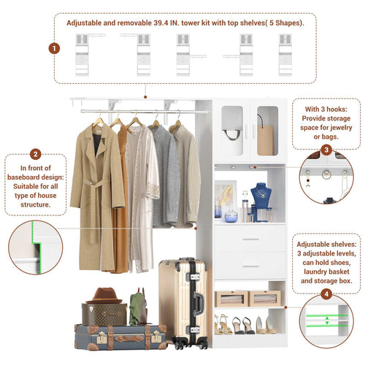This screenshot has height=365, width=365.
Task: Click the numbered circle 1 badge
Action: pos(54,48)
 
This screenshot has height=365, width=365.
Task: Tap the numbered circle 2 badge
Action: pos(36,154)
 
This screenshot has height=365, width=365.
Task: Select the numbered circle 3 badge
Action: pos(326,150)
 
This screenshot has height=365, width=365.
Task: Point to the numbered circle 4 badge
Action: pos(326,294)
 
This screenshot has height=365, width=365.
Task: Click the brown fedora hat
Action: pos(104,296)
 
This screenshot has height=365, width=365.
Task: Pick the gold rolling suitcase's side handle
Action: pos(199,304)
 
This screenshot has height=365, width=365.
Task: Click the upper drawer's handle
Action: pos(250,239)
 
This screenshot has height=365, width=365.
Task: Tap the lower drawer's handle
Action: pos(250,266)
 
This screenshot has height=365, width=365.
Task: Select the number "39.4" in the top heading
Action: pos(161,23)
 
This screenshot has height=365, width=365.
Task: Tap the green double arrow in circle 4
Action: pos(327,320)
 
